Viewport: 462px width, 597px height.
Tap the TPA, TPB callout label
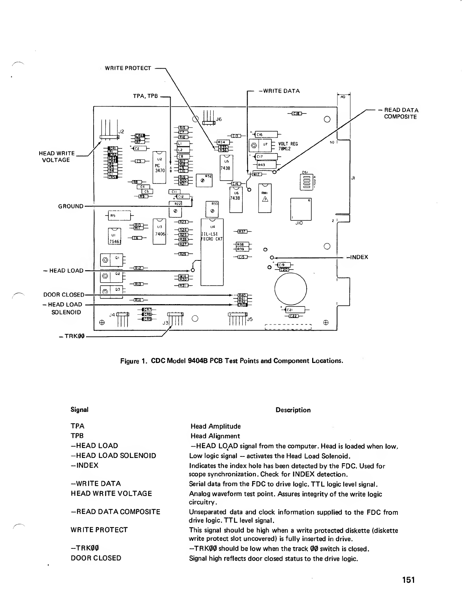145,96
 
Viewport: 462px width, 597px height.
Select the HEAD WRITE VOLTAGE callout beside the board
57,156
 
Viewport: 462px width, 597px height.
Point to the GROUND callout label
71,206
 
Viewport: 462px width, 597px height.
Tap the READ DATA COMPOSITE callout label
401,113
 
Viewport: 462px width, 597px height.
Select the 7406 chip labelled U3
159,231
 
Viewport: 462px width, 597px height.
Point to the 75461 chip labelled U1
114,237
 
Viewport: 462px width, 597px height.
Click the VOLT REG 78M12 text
288,146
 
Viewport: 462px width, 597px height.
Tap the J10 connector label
300,223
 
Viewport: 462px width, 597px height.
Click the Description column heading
293,410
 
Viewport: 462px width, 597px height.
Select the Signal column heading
79,410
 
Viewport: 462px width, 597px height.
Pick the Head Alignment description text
215,436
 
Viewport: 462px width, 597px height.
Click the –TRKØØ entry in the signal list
85,548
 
